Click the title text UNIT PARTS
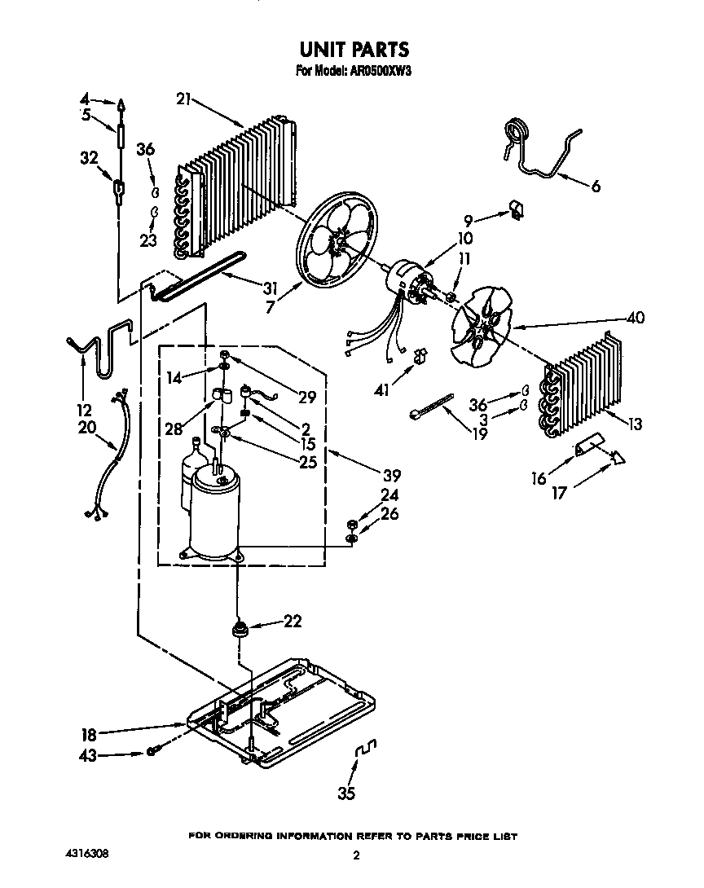pyautogui.click(x=352, y=51)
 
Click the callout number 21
pyautogui.click(x=183, y=99)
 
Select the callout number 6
pyautogui.click(x=596, y=187)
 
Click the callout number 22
pyautogui.click(x=293, y=622)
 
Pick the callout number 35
pyautogui.click(x=346, y=794)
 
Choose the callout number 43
pyautogui.click(x=87, y=755)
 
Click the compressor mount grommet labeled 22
pyautogui.click(x=240, y=628)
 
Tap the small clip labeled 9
pyautogui.click(x=517, y=211)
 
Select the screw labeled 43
pyautogui.click(x=152, y=750)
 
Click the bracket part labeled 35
pyautogui.click(x=367, y=748)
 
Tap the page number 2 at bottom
pyautogui.click(x=356, y=856)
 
